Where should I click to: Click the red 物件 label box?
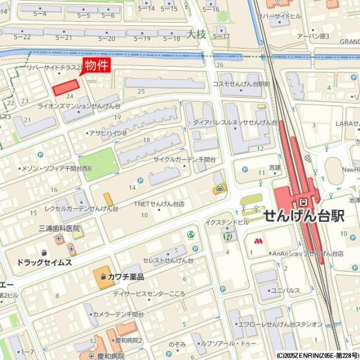[x=96, y=65]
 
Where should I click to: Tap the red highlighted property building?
[x=67, y=88]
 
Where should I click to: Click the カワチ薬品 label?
[x=125, y=277]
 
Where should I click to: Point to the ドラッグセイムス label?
[x=44, y=263]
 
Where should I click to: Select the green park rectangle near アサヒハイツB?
[x=97, y=161]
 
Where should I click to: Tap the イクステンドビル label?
[x=226, y=222]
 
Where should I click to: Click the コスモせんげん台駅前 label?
[x=241, y=84]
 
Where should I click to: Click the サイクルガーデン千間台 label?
[x=184, y=160]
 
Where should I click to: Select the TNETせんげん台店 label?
[x=158, y=203]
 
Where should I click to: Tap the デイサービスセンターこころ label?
[x=153, y=294]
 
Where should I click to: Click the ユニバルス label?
[x=286, y=290]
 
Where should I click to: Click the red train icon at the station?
[x=304, y=201]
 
